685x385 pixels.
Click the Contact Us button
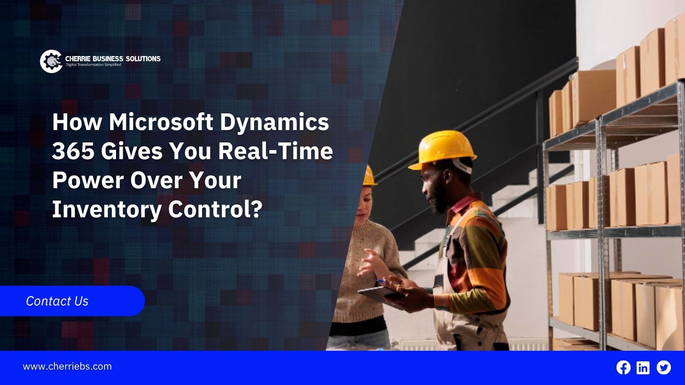tap(72, 301)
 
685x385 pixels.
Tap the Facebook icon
tap(623, 367)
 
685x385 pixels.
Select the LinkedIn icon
tap(643, 367)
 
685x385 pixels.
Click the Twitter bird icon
tap(664, 367)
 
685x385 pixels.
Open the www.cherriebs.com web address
tap(67, 366)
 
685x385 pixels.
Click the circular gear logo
tap(51, 62)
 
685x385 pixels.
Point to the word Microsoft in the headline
tap(161, 122)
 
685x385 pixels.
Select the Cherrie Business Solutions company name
tap(113, 58)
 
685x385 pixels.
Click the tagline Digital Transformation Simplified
tap(94, 65)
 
